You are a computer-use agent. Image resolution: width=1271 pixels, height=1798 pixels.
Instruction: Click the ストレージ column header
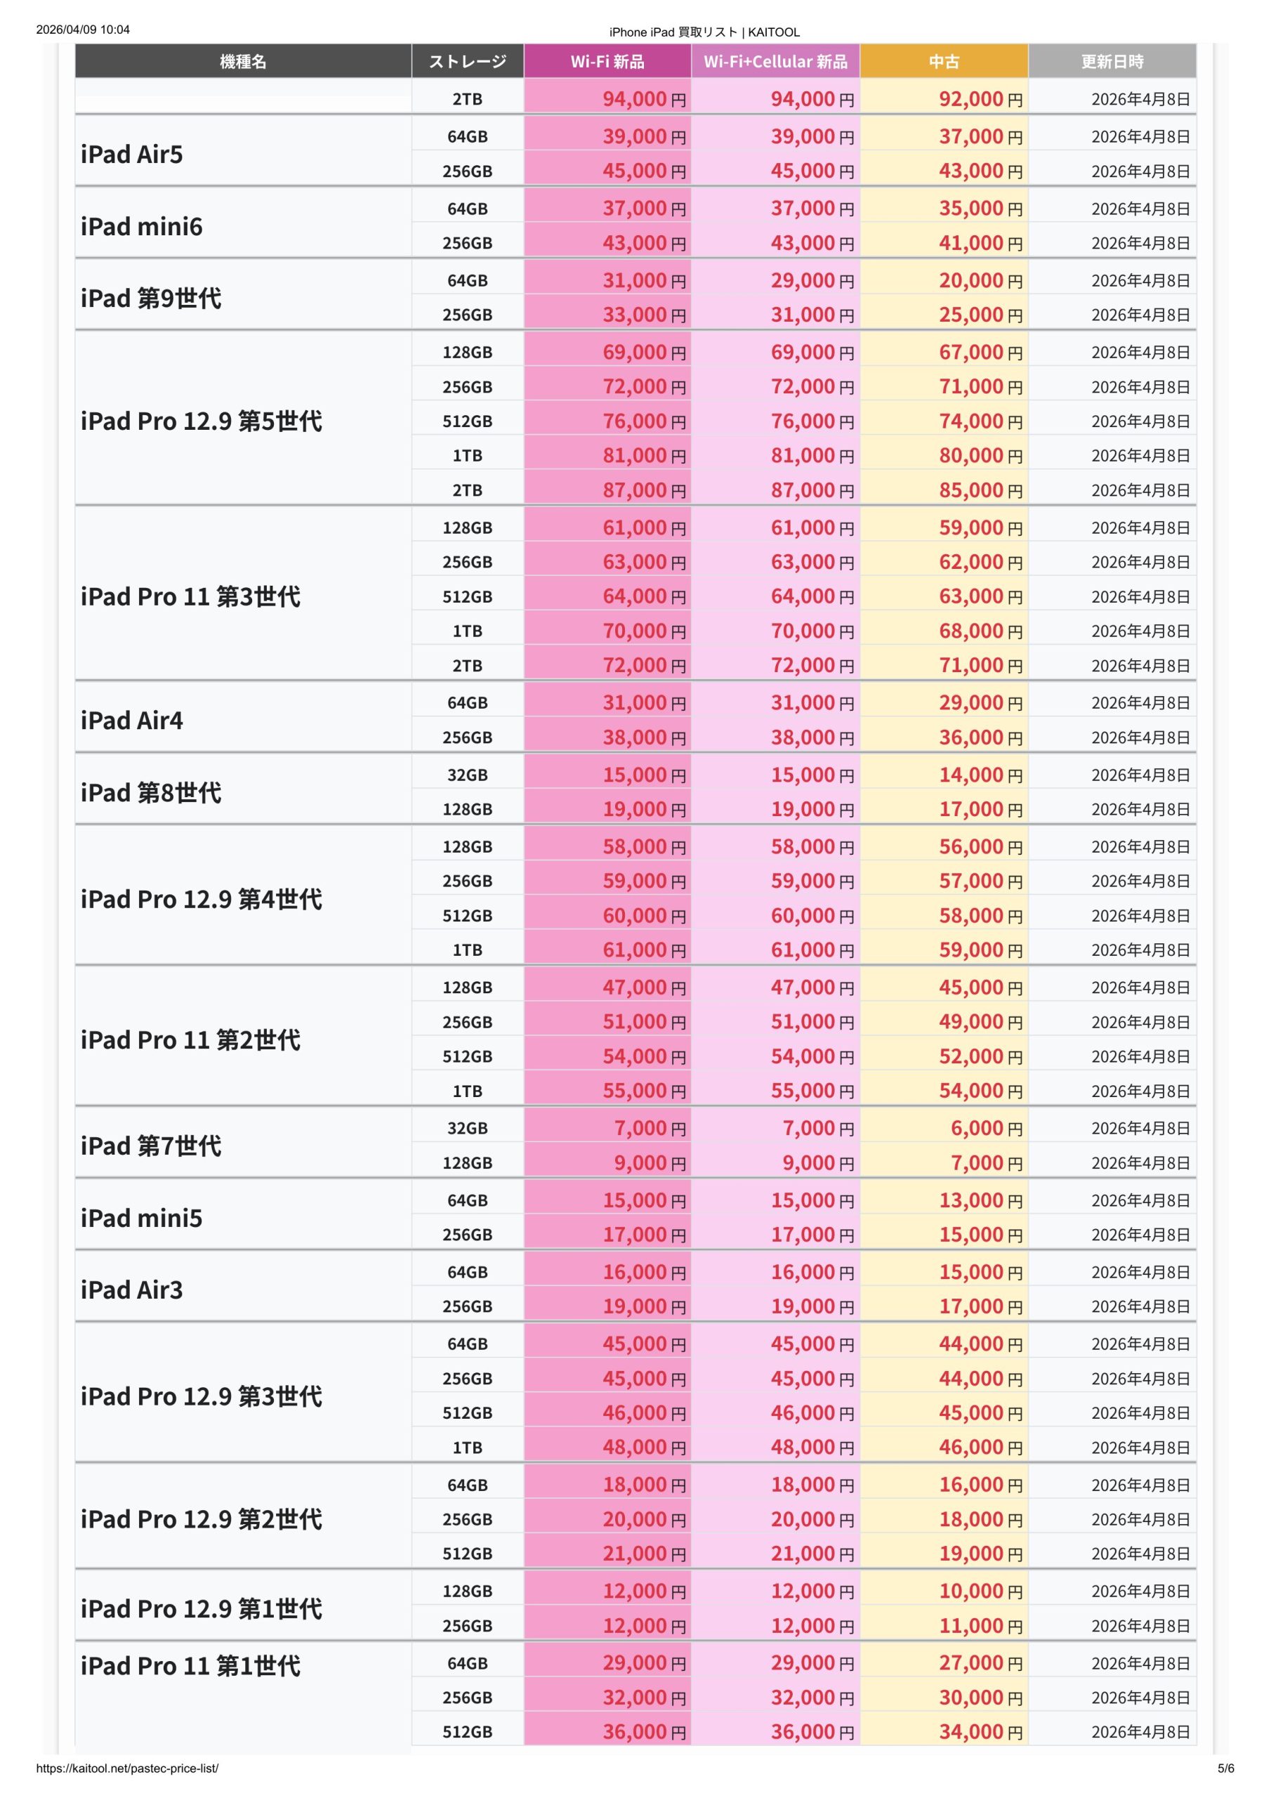pyautogui.click(x=467, y=61)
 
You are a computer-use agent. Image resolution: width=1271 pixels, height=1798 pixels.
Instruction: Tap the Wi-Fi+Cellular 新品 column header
pyautogui.click(x=775, y=61)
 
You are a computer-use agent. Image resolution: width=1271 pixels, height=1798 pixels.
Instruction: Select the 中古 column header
pyautogui.click(x=944, y=61)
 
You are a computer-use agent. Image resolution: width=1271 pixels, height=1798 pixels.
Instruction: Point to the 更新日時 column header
pyautogui.click(x=1112, y=61)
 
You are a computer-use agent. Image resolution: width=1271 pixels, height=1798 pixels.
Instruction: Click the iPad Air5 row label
pyautogui.click(x=131, y=155)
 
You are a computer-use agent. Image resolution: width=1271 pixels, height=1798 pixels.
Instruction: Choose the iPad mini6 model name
pyautogui.click(x=142, y=226)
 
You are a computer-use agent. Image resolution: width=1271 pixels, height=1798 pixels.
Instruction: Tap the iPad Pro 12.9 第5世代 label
pyautogui.click(x=202, y=421)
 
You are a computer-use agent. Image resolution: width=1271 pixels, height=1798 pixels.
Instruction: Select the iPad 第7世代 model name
pyautogui.click(x=151, y=1146)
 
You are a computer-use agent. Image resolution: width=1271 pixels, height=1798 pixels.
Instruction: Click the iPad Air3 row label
pyautogui.click(x=131, y=1290)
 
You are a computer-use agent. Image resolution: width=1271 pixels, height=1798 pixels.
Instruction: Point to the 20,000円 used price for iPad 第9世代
pyautogui.click(x=980, y=280)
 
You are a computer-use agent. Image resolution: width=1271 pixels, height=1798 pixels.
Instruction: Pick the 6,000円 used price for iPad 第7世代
pyautogui.click(x=986, y=1129)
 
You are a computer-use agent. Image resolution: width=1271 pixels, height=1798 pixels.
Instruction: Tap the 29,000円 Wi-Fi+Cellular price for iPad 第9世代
pyautogui.click(x=811, y=280)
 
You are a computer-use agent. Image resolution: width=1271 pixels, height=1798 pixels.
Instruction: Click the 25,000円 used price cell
pyautogui.click(x=980, y=315)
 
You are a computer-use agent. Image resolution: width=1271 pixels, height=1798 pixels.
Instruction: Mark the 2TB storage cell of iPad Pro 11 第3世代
pyautogui.click(x=467, y=666)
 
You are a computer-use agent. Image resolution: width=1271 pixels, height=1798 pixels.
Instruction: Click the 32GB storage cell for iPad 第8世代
pyautogui.click(x=467, y=775)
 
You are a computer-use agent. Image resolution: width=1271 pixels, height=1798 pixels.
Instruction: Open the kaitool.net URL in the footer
pyautogui.click(x=127, y=1769)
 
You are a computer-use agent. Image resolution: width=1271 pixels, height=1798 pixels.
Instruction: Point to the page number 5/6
pyautogui.click(x=1225, y=1769)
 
